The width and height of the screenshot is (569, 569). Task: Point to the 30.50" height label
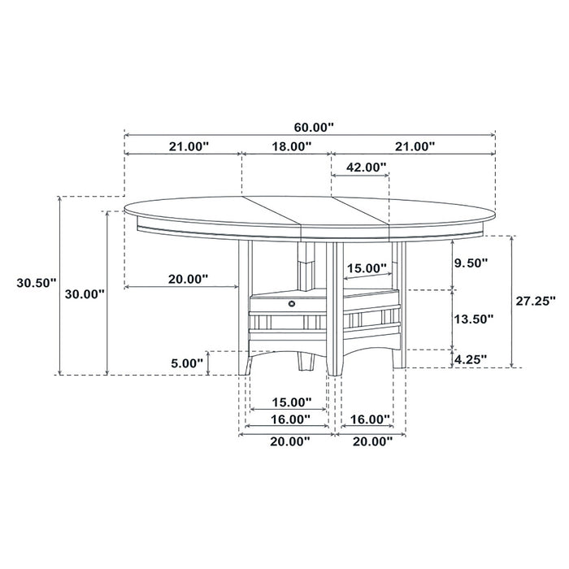35,283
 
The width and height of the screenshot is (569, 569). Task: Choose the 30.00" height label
83,293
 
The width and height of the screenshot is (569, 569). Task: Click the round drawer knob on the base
289,302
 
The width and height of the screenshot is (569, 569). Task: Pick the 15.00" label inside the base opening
367,268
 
